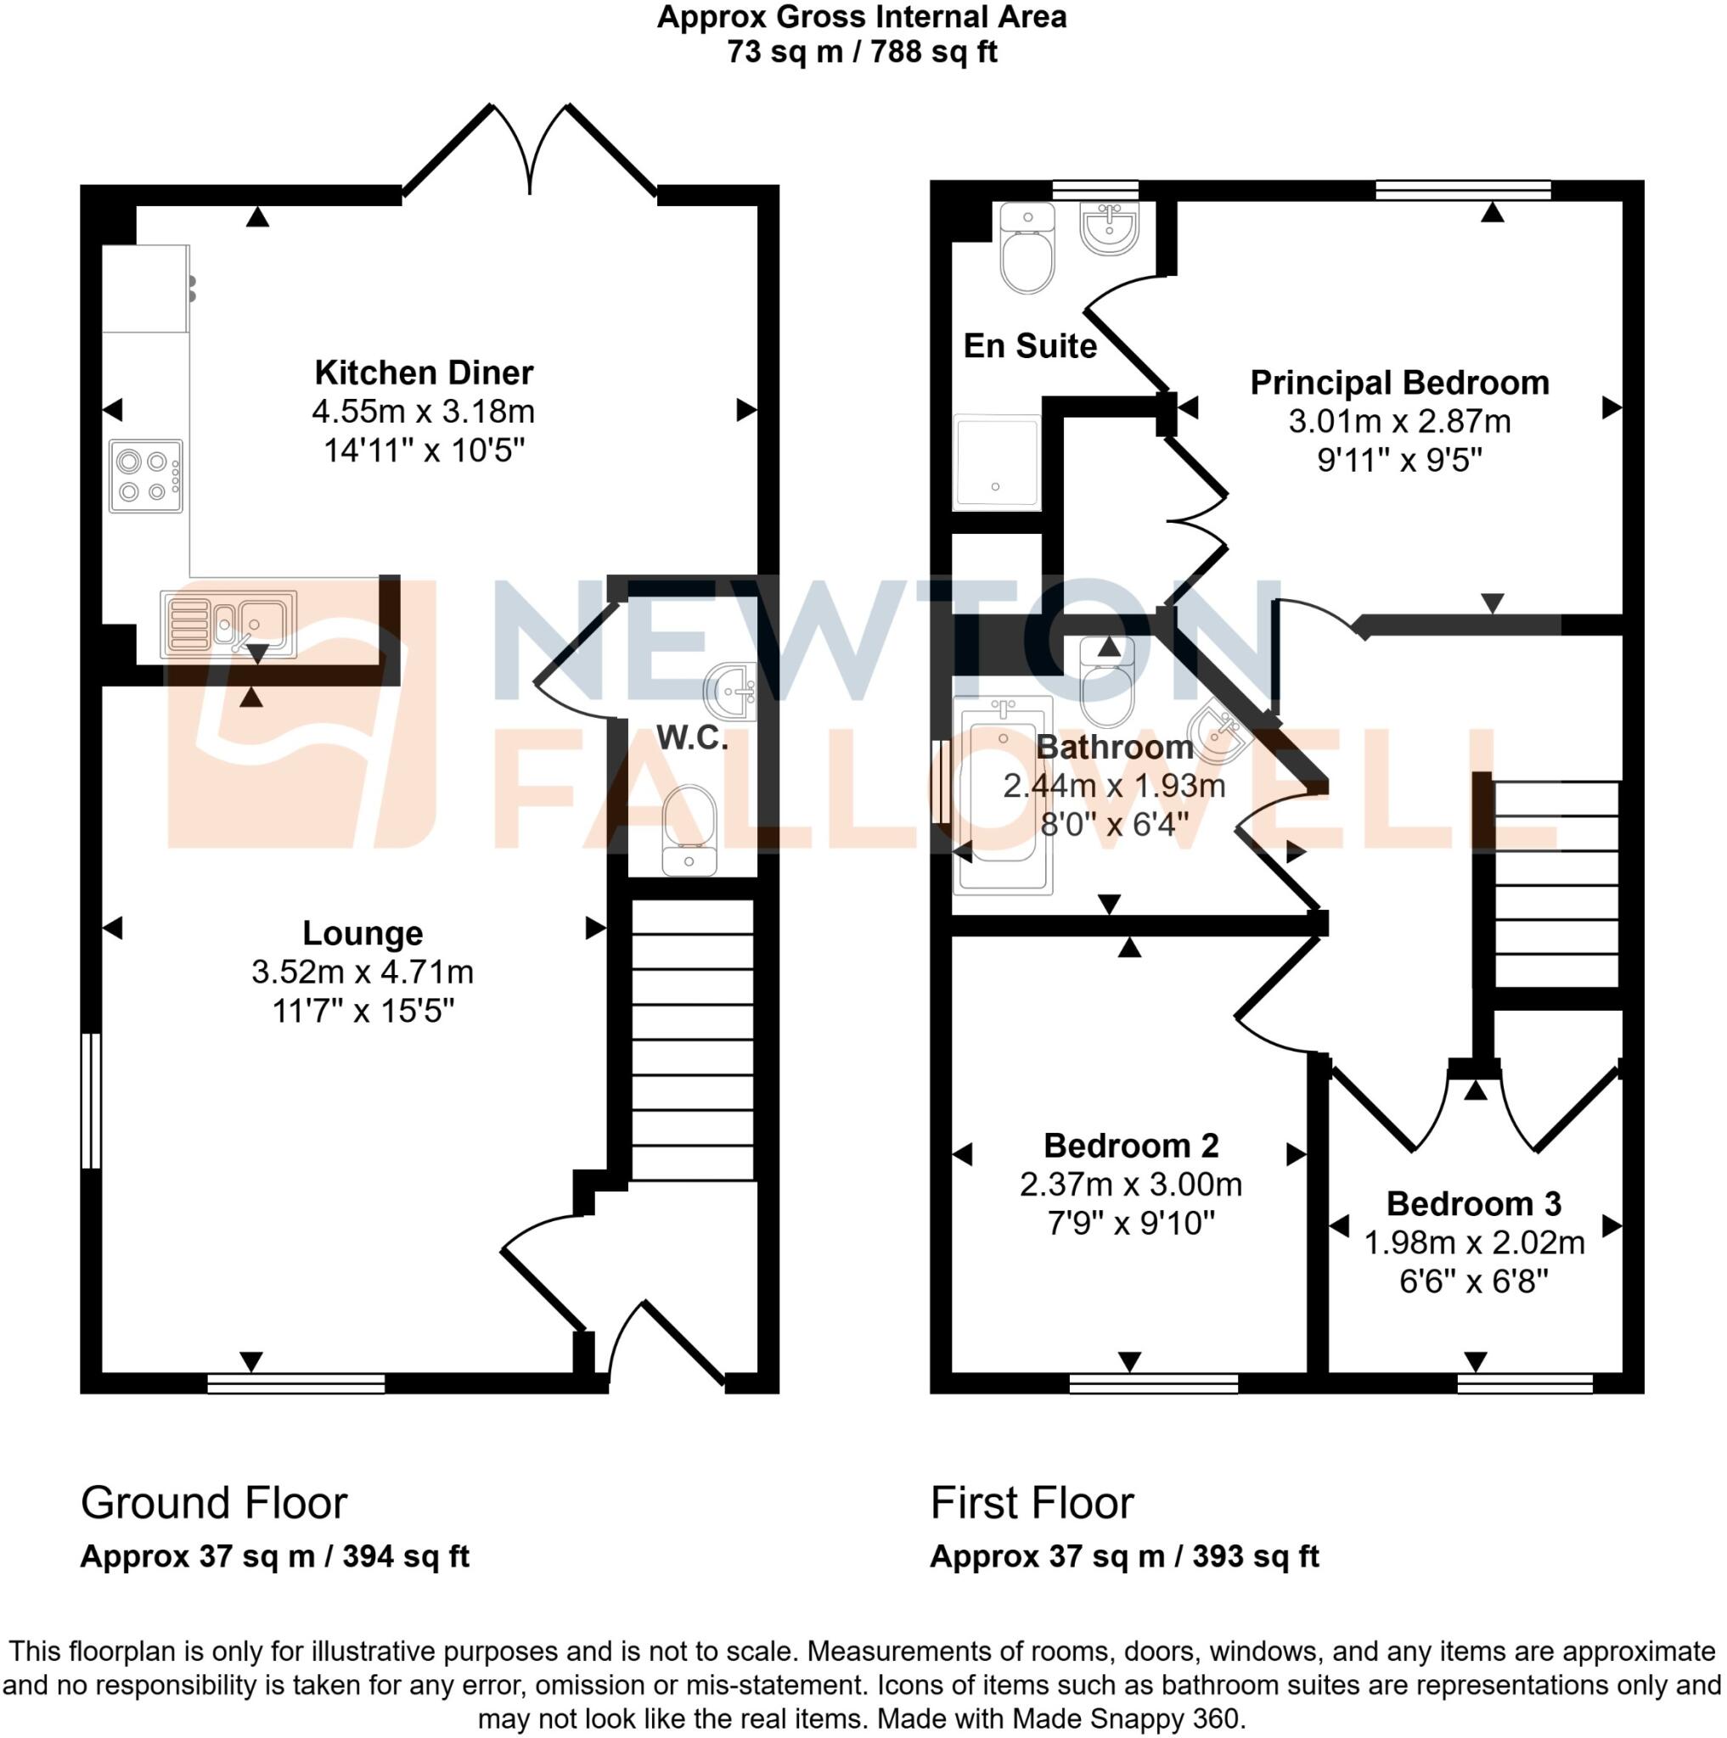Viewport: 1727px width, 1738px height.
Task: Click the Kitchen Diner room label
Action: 423,373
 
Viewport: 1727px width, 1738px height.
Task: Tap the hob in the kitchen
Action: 146,476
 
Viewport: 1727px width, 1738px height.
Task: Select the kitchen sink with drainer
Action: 228,624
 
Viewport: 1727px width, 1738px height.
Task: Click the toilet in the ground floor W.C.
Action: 689,828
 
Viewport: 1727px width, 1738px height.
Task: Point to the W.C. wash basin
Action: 731,691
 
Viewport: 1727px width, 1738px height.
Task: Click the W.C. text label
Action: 691,738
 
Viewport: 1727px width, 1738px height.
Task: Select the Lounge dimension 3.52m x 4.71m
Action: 362,973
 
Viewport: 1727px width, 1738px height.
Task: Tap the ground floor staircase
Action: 692,1040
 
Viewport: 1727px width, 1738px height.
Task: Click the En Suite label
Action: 1030,346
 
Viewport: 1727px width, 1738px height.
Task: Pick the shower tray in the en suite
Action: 996,463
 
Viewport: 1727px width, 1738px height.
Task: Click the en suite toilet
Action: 1027,249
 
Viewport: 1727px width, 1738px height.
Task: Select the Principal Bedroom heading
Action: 1398,384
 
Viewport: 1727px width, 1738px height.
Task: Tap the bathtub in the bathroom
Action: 1003,795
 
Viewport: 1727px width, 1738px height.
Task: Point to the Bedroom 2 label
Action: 1130,1146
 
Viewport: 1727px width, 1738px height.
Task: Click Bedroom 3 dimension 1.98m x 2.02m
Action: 1473,1243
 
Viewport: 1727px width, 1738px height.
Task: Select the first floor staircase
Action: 1556,883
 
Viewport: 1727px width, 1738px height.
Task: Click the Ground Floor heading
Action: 213,1503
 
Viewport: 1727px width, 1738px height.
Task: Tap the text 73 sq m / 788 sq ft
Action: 861,52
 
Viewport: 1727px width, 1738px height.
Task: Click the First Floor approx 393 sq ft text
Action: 1123,1556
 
